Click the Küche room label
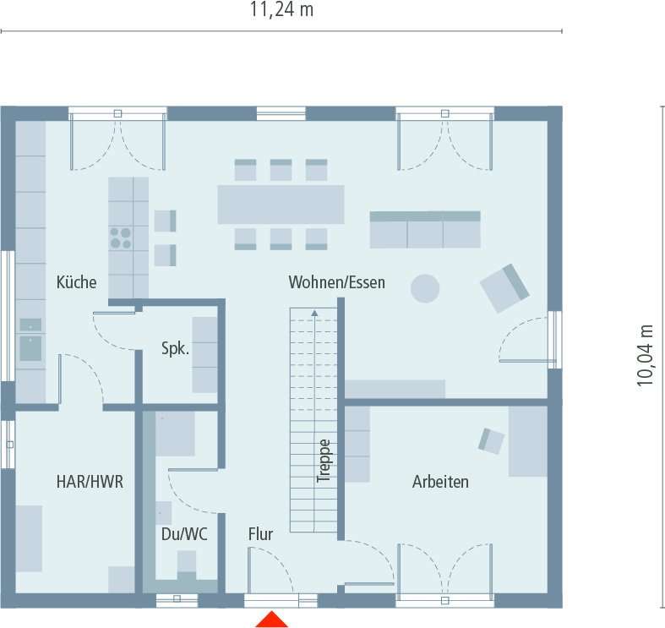click(76, 282)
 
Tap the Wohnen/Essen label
click(336, 282)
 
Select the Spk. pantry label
click(175, 348)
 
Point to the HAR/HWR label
click(90, 482)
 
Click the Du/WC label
click(184, 534)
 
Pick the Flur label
click(260, 534)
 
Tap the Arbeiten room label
click(440, 482)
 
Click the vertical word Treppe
click(324, 461)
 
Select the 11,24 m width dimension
click(281, 10)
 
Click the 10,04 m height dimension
click(646, 355)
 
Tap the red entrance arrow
click(272, 620)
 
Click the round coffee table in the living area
click(425, 288)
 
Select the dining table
click(281, 205)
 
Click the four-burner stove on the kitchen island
click(121, 238)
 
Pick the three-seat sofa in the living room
click(424, 229)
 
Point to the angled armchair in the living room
click(504, 287)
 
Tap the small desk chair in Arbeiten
click(491, 440)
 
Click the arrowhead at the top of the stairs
click(314, 314)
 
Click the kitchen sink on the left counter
click(30, 347)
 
